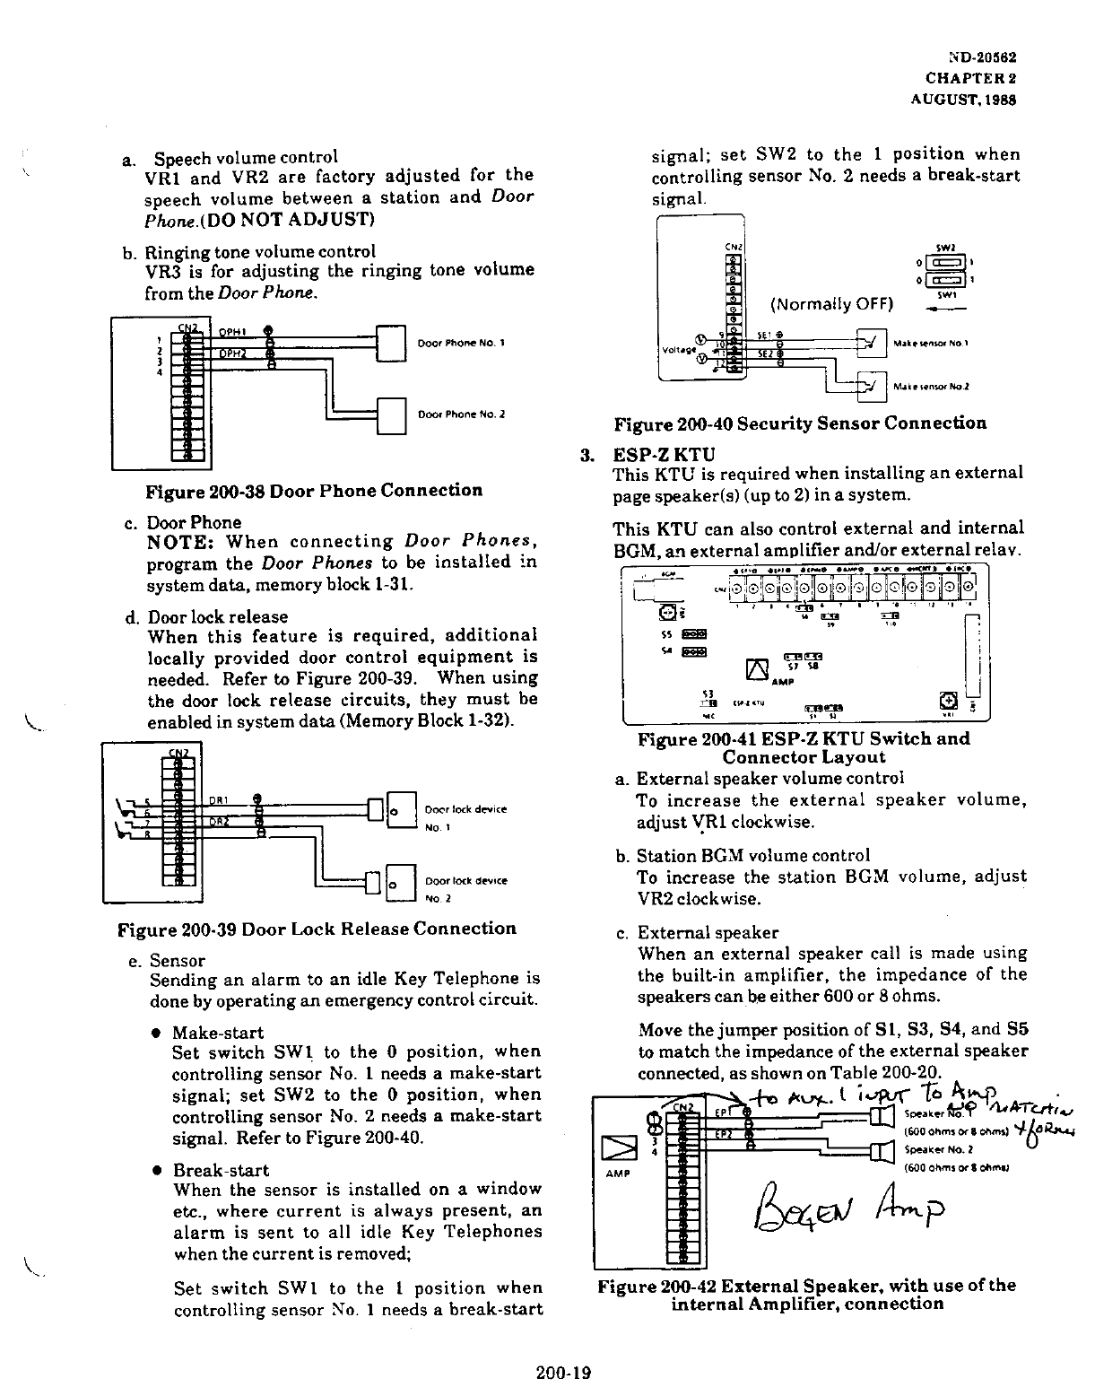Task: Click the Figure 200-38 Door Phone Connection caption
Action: (314, 491)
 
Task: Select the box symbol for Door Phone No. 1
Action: (393, 344)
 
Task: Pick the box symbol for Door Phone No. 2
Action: (393, 415)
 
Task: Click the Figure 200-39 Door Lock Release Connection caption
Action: (317, 929)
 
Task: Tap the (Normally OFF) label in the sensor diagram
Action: (832, 303)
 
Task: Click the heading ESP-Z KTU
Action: (664, 454)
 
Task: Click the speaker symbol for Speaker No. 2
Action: (882, 1152)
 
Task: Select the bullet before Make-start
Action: (157, 1033)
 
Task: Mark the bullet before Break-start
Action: (157, 1171)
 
